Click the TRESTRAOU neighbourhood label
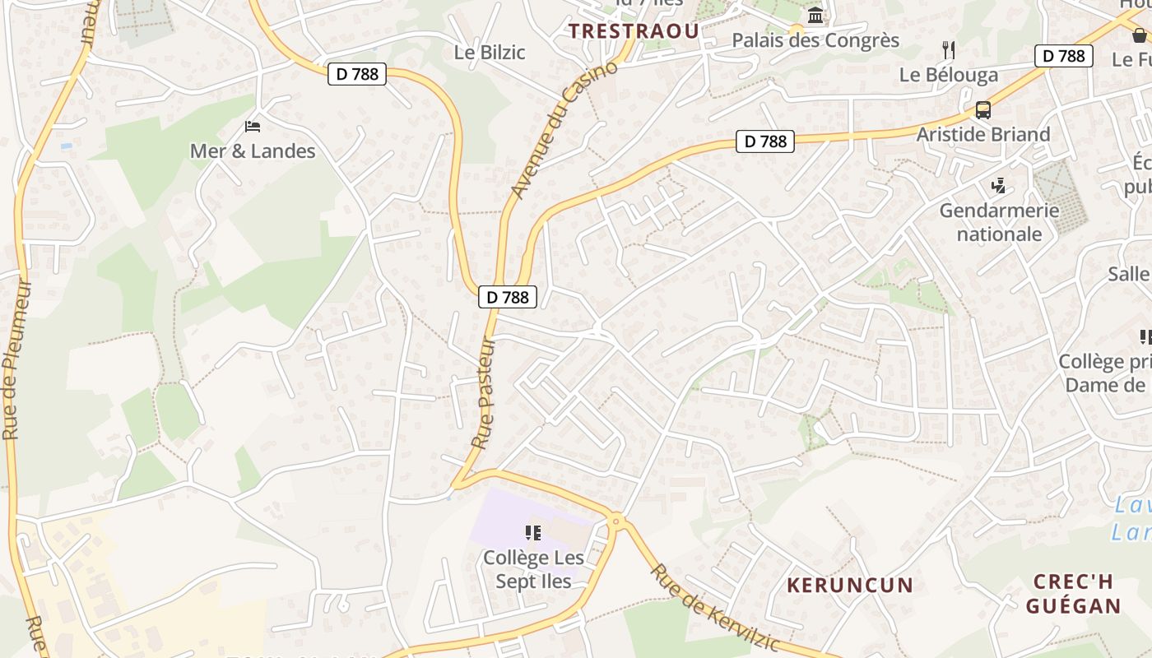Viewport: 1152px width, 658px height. tap(634, 31)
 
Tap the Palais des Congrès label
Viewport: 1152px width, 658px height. tap(815, 40)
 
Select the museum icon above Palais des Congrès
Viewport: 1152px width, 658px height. tap(815, 16)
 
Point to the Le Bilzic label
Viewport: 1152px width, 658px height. tap(490, 53)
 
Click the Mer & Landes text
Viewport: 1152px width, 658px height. tap(253, 151)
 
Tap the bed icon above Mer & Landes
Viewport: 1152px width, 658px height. tap(253, 127)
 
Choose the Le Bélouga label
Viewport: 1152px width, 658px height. tap(948, 75)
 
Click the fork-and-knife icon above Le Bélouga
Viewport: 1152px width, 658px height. tap(949, 50)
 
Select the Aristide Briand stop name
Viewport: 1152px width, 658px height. tap(982, 134)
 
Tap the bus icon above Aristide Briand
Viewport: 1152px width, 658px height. tap(982, 109)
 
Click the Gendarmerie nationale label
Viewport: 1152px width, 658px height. tap(999, 222)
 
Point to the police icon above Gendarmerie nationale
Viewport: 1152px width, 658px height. tap(999, 186)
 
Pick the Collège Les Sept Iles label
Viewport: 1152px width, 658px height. tap(533, 569)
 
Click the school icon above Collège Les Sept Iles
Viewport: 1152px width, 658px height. tap(533, 533)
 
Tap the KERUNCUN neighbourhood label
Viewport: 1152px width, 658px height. tap(850, 586)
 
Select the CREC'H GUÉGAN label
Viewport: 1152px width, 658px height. tap(1073, 594)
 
